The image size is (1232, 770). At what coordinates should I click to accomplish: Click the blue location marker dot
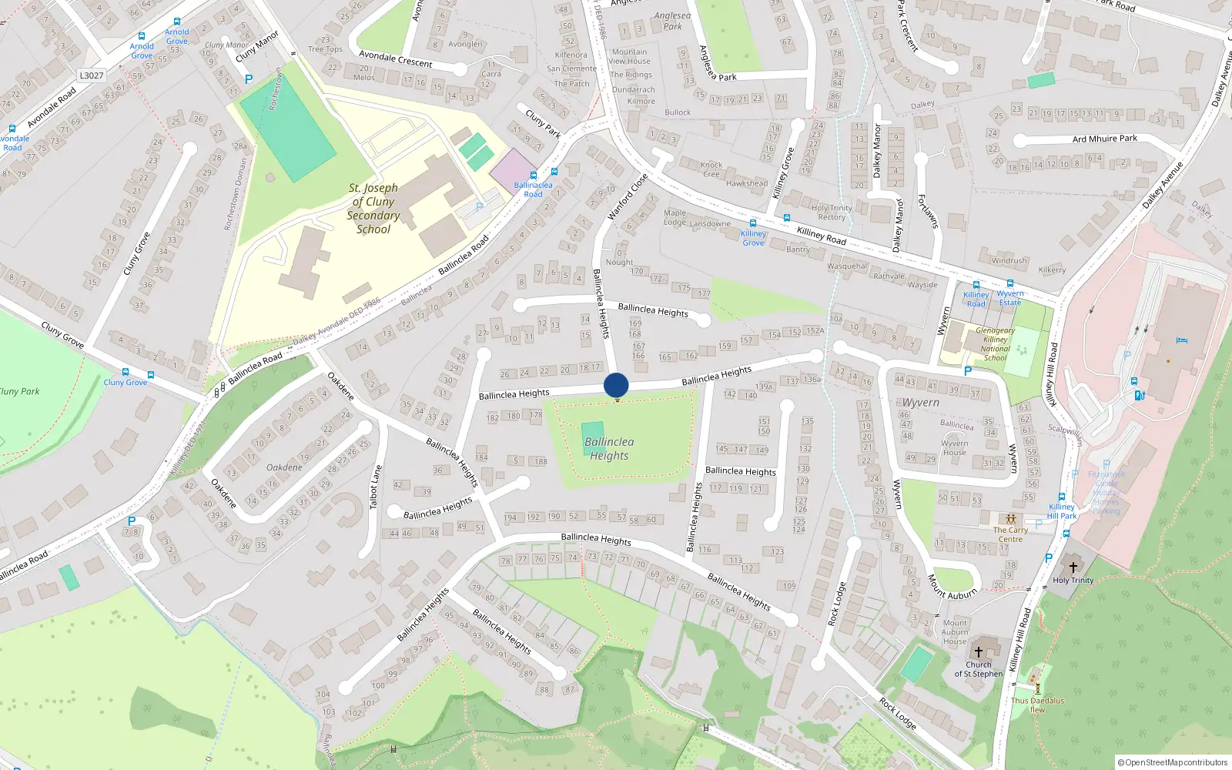tap(616, 385)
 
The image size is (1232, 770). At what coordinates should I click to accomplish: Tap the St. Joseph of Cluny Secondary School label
tap(373, 209)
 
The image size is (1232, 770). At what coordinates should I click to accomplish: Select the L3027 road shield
tap(91, 75)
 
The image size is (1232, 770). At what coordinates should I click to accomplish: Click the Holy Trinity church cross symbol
tap(1073, 567)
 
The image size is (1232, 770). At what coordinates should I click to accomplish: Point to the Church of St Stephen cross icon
tap(979, 651)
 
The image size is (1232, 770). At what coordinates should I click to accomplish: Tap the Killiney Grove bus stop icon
tap(753, 224)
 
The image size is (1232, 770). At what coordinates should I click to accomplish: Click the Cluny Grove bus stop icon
tap(150, 375)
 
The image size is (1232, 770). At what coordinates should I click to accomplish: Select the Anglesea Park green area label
tap(672, 21)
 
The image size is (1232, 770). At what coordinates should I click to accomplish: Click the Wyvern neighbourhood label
tap(920, 403)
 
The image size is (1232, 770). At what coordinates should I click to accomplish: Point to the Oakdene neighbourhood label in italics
tap(284, 467)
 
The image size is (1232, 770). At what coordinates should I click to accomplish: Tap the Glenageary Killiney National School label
tap(995, 344)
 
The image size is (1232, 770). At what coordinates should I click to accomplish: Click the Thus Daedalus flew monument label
tap(1037, 705)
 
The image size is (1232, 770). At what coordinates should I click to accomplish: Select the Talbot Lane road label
tap(375, 487)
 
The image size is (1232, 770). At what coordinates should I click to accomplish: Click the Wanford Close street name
tap(628, 197)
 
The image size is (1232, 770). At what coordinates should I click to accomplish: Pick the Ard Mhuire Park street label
tap(1104, 139)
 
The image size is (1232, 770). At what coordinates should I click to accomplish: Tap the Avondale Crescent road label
tap(395, 59)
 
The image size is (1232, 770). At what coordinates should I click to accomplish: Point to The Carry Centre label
tap(1010, 534)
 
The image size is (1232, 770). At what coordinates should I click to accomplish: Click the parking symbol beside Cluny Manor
tap(249, 79)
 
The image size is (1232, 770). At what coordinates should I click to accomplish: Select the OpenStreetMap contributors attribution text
tap(1172, 762)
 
